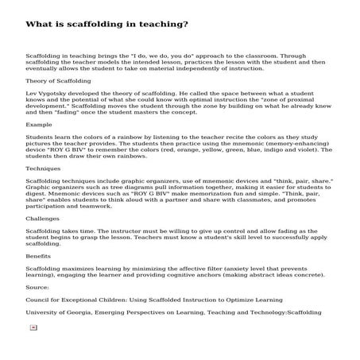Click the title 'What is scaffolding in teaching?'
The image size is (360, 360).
pyautogui.click(x=107, y=24)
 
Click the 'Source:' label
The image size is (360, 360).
pyautogui.click(x=37, y=287)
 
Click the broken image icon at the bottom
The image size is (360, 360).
pyautogui.click(x=33, y=327)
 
